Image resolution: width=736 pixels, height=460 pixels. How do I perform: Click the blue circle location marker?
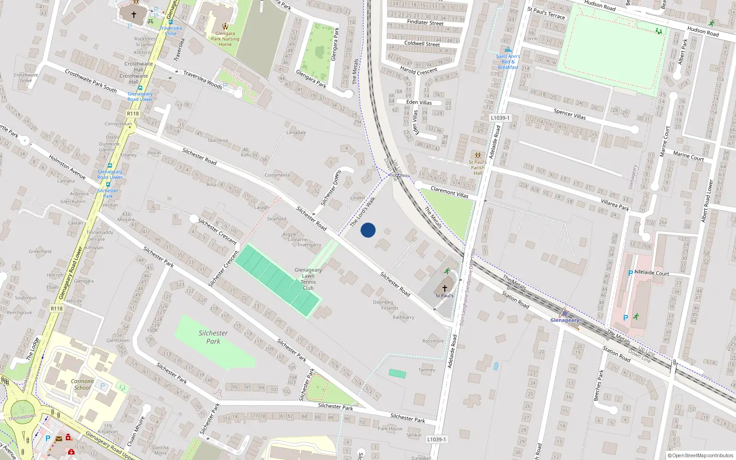pyautogui.click(x=368, y=230)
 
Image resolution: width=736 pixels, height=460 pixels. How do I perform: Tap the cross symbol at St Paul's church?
pyautogui.click(x=444, y=288)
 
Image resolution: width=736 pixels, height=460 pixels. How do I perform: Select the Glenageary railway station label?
pyautogui.click(x=565, y=320)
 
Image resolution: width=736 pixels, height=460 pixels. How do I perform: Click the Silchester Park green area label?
pyautogui.click(x=213, y=337)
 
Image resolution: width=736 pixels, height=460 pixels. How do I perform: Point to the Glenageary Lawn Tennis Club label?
pyautogui.click(x=308, y=279)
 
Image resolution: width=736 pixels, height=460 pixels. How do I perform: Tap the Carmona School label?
pyautogui.click(x=82, y=384)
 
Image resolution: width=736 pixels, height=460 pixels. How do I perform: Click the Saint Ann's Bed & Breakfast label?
pyautogui.click(x=508, y=62)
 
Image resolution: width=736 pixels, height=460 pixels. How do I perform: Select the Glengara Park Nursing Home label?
pyautogui.click(x=225, y=39)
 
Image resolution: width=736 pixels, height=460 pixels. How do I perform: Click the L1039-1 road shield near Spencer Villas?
pyautogui.click(x=500, y=118)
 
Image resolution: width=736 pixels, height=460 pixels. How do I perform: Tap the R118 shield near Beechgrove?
pyautogui.click(x=57, y=308)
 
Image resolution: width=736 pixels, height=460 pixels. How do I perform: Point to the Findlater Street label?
pyautogui.click(x=425, y=23)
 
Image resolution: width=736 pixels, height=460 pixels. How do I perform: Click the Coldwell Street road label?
pyautogui.click(x=422, y=44)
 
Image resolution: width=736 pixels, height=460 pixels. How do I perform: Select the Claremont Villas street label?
pyautogui.click(x=449, y=192)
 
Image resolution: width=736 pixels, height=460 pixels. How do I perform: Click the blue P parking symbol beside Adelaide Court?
pyautogui.click(x=630, y=273)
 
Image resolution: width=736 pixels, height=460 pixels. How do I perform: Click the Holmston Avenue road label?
pyautogui.click(x=67, y=167)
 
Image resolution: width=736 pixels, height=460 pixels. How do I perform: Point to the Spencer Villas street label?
pyautogui.click(x=569, y=114)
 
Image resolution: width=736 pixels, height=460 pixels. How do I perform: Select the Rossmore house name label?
pyautogui.click(x=433, y=341)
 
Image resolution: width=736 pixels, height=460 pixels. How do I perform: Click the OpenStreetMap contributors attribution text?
pyautogui.click(x=703, y=455)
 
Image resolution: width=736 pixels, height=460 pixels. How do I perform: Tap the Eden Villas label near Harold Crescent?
pyautogui.click(x=419, y=102)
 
